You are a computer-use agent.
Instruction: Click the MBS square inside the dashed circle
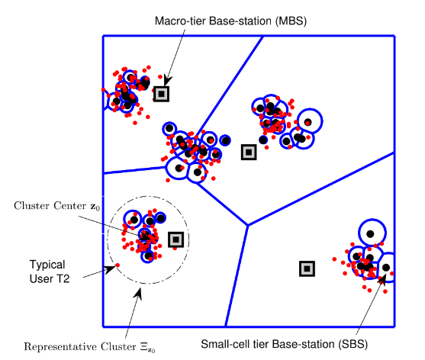point(176,239)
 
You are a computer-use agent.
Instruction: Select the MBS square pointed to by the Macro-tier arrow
point(162,94)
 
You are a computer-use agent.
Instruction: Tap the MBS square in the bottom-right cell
point(307,268)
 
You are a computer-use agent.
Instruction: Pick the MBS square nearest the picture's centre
point(249,153)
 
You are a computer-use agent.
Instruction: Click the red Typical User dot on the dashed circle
point(118,265)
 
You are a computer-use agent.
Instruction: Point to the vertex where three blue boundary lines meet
point(248,225)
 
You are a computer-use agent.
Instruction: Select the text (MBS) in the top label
point(291,21)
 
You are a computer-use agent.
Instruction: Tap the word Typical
point(47,265)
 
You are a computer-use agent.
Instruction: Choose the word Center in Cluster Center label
point(69,206)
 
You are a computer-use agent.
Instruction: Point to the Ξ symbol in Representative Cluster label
point(143,347)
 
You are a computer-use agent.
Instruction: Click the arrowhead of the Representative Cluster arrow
point(139,293)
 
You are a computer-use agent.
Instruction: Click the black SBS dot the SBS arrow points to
point(386,268)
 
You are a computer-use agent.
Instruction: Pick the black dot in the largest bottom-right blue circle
point(370,233)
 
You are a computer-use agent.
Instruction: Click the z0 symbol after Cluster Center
point(95,207)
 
